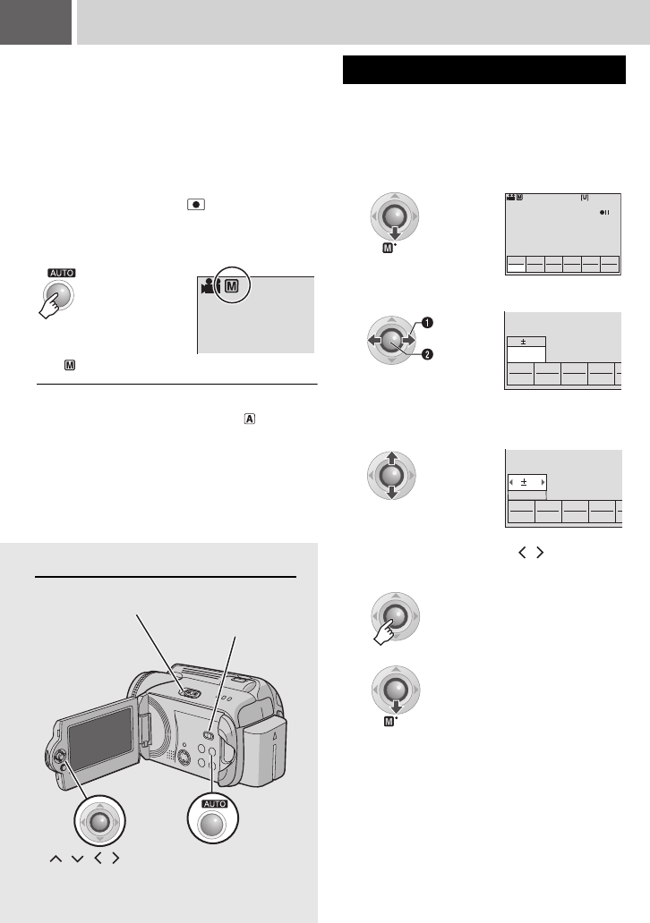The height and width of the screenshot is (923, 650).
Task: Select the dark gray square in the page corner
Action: (36, 21)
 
